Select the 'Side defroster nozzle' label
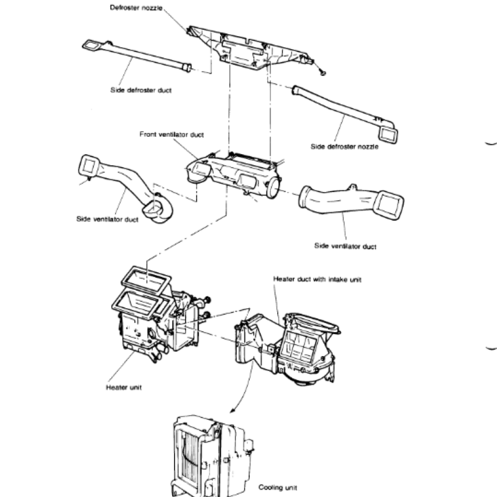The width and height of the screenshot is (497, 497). [344, 147]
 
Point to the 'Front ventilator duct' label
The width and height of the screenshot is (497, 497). [171, 134]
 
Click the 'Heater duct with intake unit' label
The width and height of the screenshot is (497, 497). [317, 280]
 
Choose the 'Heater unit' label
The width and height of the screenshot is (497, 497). [125, 387]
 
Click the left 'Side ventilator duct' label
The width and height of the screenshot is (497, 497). [107, 219]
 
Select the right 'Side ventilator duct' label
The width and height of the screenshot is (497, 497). [345, 247]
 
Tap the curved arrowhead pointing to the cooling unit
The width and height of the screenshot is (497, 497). [233, 409]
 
